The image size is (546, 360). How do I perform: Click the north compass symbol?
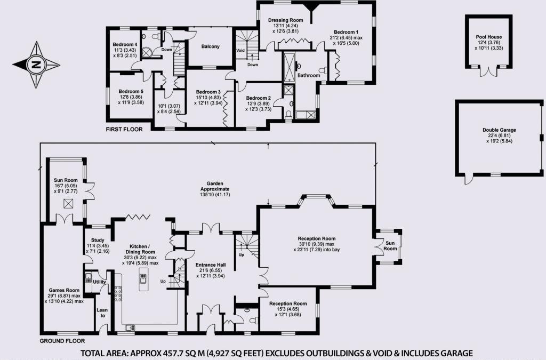tap(36, 65)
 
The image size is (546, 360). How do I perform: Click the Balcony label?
tap(210, 46)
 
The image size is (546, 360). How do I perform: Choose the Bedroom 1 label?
tap(343, 31)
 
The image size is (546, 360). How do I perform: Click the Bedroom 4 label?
tap(125, 44)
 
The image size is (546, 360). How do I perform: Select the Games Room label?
tap(63, 290)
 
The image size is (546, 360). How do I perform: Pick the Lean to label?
tap(101, 313)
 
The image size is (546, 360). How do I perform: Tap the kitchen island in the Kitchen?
tap(143, 279)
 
